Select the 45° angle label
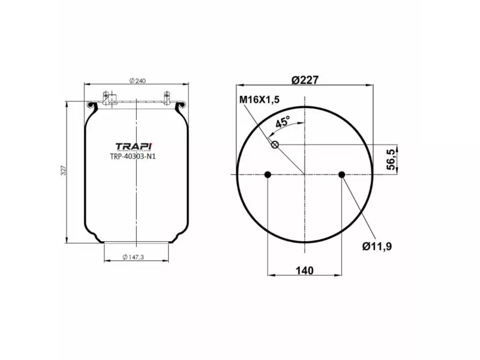283,122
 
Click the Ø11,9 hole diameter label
377,246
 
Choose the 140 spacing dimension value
304,270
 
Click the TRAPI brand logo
134,146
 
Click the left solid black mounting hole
268,175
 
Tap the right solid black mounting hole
341,175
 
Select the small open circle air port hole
275,145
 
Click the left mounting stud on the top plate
107,98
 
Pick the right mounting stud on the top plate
166,98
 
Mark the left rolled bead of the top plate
91,106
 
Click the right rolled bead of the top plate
182,106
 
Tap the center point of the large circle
305,175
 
